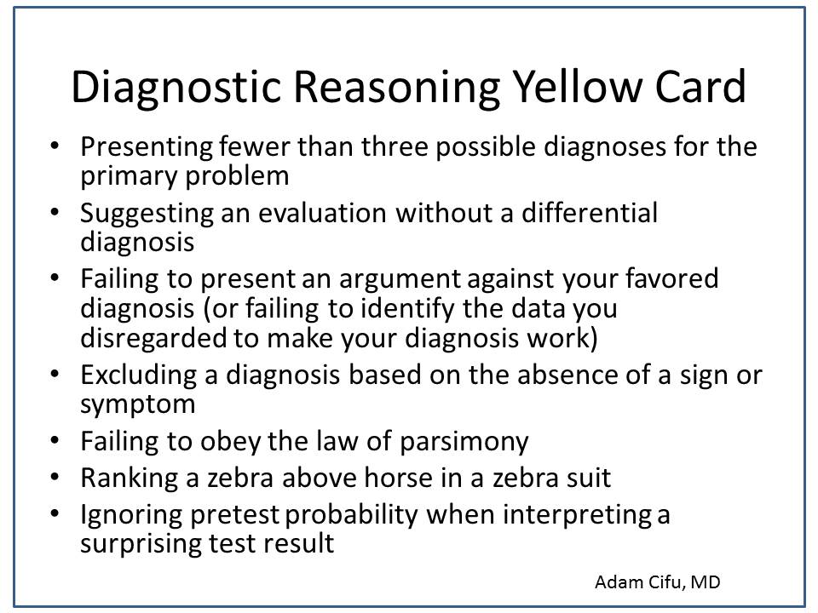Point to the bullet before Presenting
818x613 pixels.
click(55, 146)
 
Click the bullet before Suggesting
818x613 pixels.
click(55, 212)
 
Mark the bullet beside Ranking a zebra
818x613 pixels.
click(55, 477)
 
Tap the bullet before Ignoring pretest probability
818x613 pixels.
click(55, 513)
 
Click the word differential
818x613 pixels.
click(590, 213)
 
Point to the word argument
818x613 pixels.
click(400, 279)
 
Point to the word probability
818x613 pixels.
click(351, 516)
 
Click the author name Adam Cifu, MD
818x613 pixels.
click(657, 582)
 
